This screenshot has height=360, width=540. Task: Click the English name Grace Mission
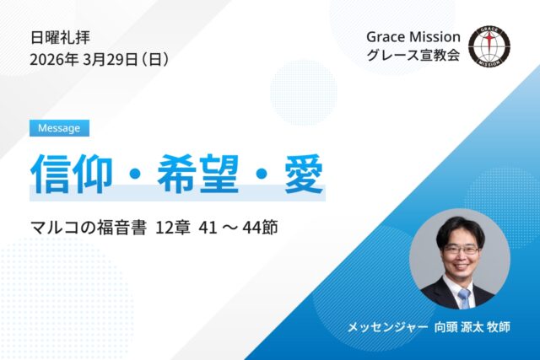click(413, 37)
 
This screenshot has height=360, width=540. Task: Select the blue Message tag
click(59, 128)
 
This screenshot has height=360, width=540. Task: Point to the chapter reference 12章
click(174, 228)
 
